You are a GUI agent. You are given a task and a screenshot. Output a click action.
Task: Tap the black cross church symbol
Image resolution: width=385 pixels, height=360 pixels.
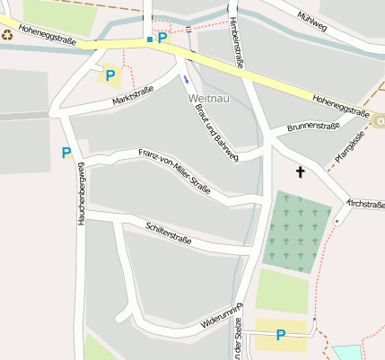coord(300,171)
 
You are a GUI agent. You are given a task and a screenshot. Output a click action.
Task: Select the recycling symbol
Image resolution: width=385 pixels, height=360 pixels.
coord(7,35)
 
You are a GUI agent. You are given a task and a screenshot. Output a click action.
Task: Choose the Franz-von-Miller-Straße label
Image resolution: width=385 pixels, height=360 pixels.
coord(174,171)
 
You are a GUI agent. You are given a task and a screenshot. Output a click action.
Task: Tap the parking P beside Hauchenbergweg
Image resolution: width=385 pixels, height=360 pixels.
coord(66,153)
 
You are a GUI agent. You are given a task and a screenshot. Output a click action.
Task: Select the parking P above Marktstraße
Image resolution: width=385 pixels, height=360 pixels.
coord(109,76)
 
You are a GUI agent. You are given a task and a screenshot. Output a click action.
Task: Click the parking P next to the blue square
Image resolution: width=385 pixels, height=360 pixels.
coord(162,38)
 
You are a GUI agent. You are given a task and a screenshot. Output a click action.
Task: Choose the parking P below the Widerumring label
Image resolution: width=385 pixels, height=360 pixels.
coord(281,335)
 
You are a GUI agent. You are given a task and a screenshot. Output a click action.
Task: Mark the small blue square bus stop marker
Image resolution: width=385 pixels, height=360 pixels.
coord(149,40)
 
